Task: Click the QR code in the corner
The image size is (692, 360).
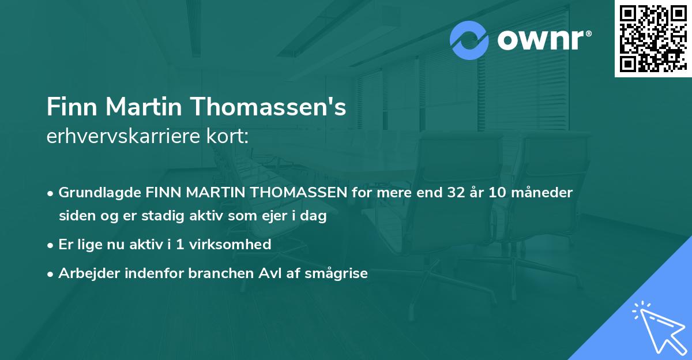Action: (x=652, y=39)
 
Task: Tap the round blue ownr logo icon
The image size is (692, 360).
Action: (x=469, y=40)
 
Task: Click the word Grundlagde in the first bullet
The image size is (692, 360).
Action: (x=94, y=192)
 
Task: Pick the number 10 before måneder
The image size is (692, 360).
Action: (x=499, y=192)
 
